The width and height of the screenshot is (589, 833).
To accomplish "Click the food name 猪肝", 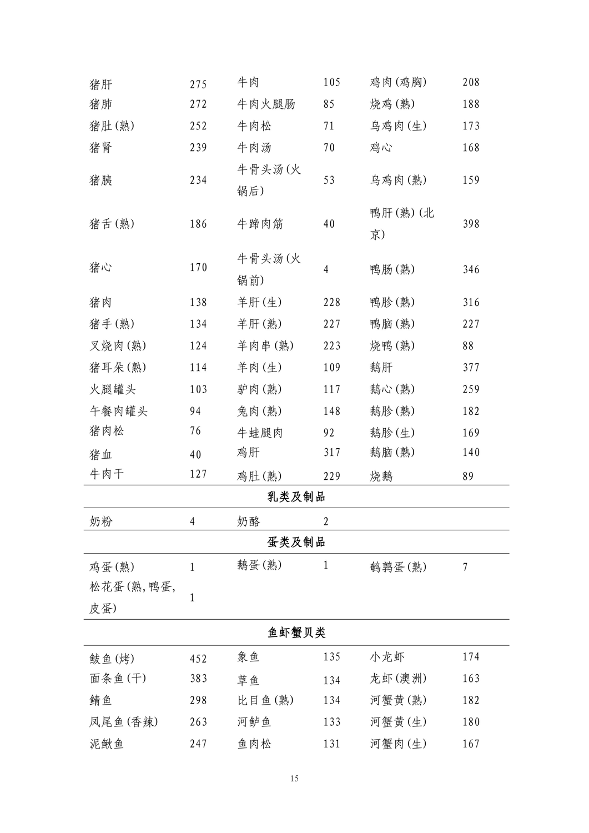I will click(101, 84).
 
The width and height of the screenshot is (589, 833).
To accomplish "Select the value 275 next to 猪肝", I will click(198, 84).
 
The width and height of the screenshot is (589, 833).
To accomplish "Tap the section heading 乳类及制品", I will click(296, 497).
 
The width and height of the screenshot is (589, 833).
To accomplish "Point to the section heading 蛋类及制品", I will click(296, 542).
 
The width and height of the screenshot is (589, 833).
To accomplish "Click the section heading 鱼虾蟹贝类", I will click(296, 633).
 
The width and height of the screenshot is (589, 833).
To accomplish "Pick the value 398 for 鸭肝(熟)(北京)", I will click(471, 224).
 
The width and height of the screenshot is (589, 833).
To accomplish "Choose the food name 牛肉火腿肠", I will click(266, 104).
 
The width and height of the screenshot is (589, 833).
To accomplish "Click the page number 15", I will click(294, 779).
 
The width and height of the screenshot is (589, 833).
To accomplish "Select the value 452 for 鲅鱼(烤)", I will click(198, 659).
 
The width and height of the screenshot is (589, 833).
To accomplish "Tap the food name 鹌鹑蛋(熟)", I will click(398, 567).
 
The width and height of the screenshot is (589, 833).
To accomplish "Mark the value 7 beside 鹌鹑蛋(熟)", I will click(465, 567).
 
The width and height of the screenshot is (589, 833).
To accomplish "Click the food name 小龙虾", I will click(387, 657).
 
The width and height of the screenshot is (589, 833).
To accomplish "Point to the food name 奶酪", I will click(249, 521).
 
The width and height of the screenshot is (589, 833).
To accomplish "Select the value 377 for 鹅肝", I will click(471, 368).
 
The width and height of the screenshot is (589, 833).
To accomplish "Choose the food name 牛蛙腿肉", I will click(260, 433).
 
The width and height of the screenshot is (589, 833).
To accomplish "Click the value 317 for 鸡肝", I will click(332, 452).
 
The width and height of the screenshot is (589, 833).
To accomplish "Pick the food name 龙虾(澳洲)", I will click(398, 679).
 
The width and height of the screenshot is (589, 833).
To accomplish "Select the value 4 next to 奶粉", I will click(193, 521).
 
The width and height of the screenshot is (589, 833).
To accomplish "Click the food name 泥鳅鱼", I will click(107, 744).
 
